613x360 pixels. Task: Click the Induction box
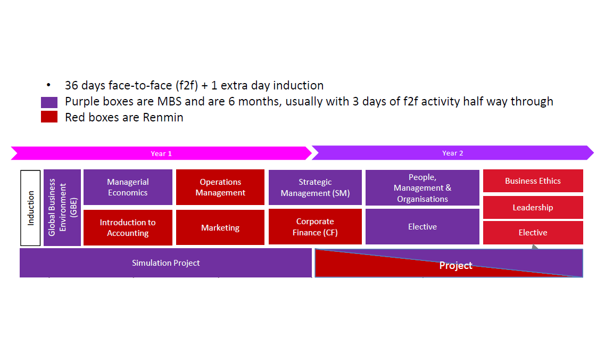[30, 208]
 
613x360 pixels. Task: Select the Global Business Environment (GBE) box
[62, 207]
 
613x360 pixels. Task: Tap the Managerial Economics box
[128, 187]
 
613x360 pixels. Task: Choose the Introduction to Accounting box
[128, 228]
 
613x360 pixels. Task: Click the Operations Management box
[220, 187]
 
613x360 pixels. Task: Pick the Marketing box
[220, 227]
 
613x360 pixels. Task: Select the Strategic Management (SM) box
[315, 187]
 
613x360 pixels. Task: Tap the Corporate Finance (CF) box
[315, 226]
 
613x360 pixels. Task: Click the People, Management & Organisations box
[422, 188]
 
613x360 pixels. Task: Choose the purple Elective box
[422, 226]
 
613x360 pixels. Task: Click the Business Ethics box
[533, 181]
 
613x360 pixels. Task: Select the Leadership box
[533, 207]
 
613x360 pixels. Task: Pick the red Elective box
[533, 232]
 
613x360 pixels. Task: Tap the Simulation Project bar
[166, 263]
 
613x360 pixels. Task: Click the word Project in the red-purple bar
[456, 265]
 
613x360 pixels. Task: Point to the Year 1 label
[161, 154]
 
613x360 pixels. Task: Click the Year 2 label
[453, 153]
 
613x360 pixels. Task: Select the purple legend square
[49, 103]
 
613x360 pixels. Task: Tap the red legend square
[49, 117]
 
